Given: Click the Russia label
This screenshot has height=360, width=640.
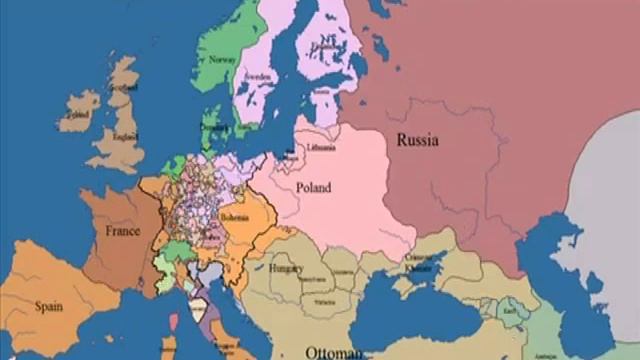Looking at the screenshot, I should [417, 141].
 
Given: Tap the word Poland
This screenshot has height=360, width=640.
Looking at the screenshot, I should [313, 186].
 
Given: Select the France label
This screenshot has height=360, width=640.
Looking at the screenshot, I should [122, 231].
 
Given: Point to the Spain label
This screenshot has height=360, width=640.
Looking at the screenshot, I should [48, 306].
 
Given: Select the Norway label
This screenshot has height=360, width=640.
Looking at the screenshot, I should [223, 58].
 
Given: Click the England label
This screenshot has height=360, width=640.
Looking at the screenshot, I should [125, 138].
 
